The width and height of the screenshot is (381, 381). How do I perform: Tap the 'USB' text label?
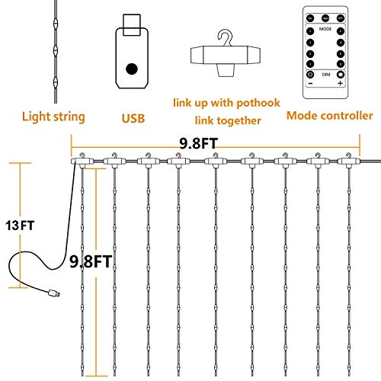click(133, 118)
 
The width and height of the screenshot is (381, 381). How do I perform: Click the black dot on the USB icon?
click(132, 69)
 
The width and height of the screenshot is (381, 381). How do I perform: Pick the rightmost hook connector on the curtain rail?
click(350, 161)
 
